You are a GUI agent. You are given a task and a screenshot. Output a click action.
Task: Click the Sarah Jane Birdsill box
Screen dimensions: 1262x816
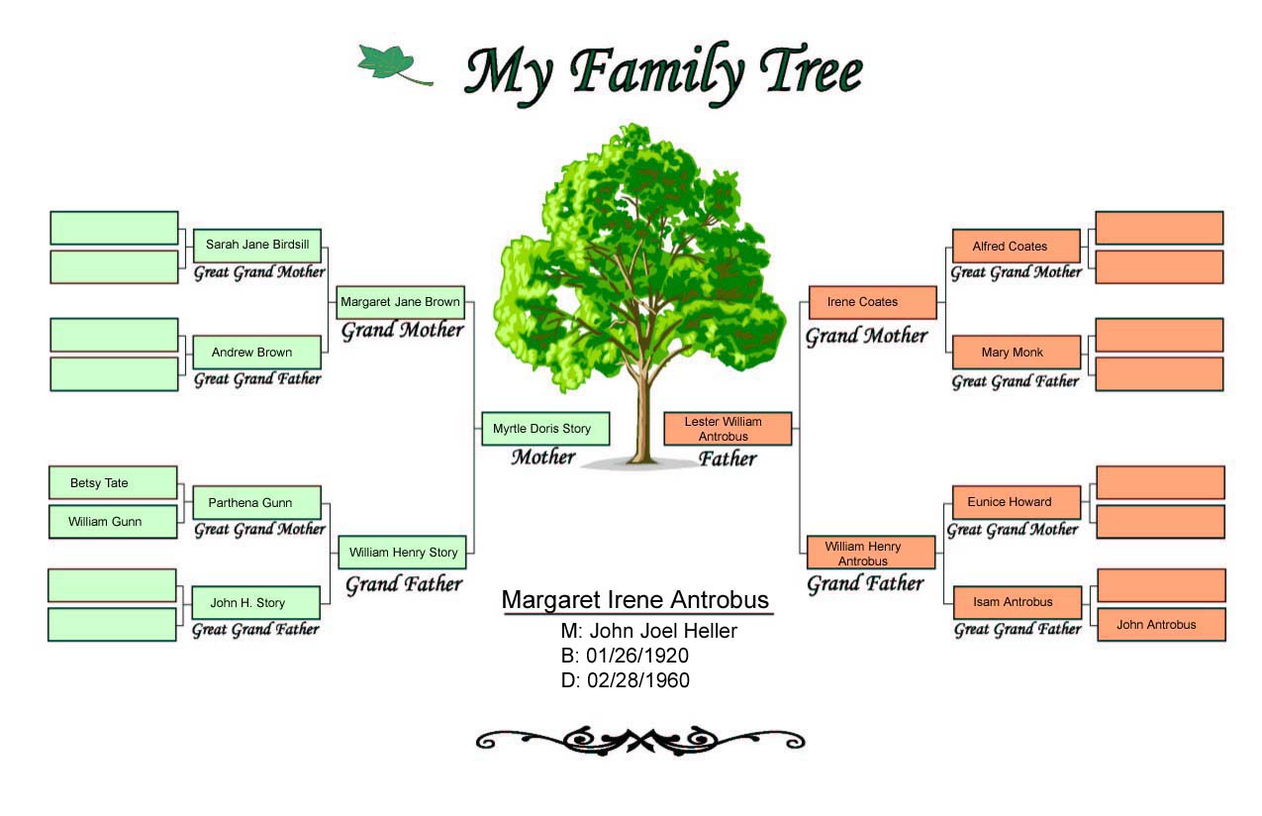257,246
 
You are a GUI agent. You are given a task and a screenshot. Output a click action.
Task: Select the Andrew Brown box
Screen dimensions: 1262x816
257,353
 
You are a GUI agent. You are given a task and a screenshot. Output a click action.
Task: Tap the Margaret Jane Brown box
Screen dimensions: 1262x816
401,303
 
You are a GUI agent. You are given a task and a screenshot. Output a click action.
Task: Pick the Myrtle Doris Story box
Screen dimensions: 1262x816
545,429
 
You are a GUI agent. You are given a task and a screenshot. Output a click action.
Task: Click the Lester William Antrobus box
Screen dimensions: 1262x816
728,429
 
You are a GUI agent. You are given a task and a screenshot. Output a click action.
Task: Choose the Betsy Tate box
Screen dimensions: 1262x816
113,482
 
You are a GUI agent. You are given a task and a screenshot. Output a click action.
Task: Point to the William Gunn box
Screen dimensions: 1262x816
113,522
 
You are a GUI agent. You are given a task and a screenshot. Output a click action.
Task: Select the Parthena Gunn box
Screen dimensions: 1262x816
257,503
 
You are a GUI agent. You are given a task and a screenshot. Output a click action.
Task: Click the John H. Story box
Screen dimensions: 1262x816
256,603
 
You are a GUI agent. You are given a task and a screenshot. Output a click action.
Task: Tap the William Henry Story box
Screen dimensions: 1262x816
402,553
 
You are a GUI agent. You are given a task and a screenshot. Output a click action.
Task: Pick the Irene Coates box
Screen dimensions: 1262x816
873,303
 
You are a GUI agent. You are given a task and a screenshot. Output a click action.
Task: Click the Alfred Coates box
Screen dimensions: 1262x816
1017,246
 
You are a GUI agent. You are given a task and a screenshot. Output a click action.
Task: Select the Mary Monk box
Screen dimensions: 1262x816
1017,353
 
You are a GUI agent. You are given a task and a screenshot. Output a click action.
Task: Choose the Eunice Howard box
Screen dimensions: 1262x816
1017,503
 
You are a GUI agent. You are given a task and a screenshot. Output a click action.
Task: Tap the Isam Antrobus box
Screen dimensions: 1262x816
1018,602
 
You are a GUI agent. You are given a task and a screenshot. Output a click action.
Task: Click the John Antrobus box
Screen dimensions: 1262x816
1162,625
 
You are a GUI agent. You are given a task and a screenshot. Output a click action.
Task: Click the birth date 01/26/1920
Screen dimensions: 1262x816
637,656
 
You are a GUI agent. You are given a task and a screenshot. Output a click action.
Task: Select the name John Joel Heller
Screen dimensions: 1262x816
663,631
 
